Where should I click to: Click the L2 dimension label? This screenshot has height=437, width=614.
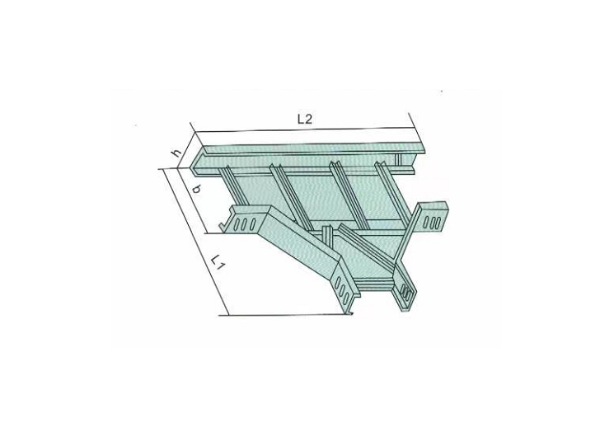click(304, 119)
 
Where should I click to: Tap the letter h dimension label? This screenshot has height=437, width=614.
click(176, 153)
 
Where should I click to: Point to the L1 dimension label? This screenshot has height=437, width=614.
click(216, 263)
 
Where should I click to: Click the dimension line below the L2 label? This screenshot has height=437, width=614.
click(302, 129)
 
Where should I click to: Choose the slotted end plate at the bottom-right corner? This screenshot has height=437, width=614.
click(405, 291)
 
